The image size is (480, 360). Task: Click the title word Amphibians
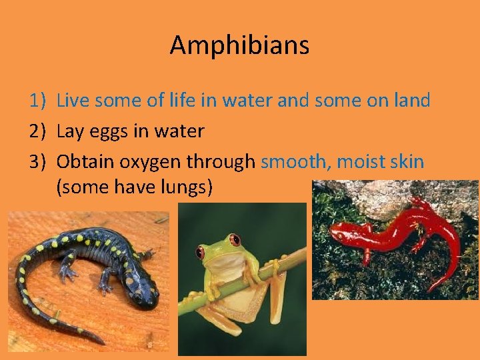click(x=239, y=45)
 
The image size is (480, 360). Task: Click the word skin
click(x=404, y=161)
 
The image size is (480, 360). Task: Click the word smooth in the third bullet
click(x=295, y=161)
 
